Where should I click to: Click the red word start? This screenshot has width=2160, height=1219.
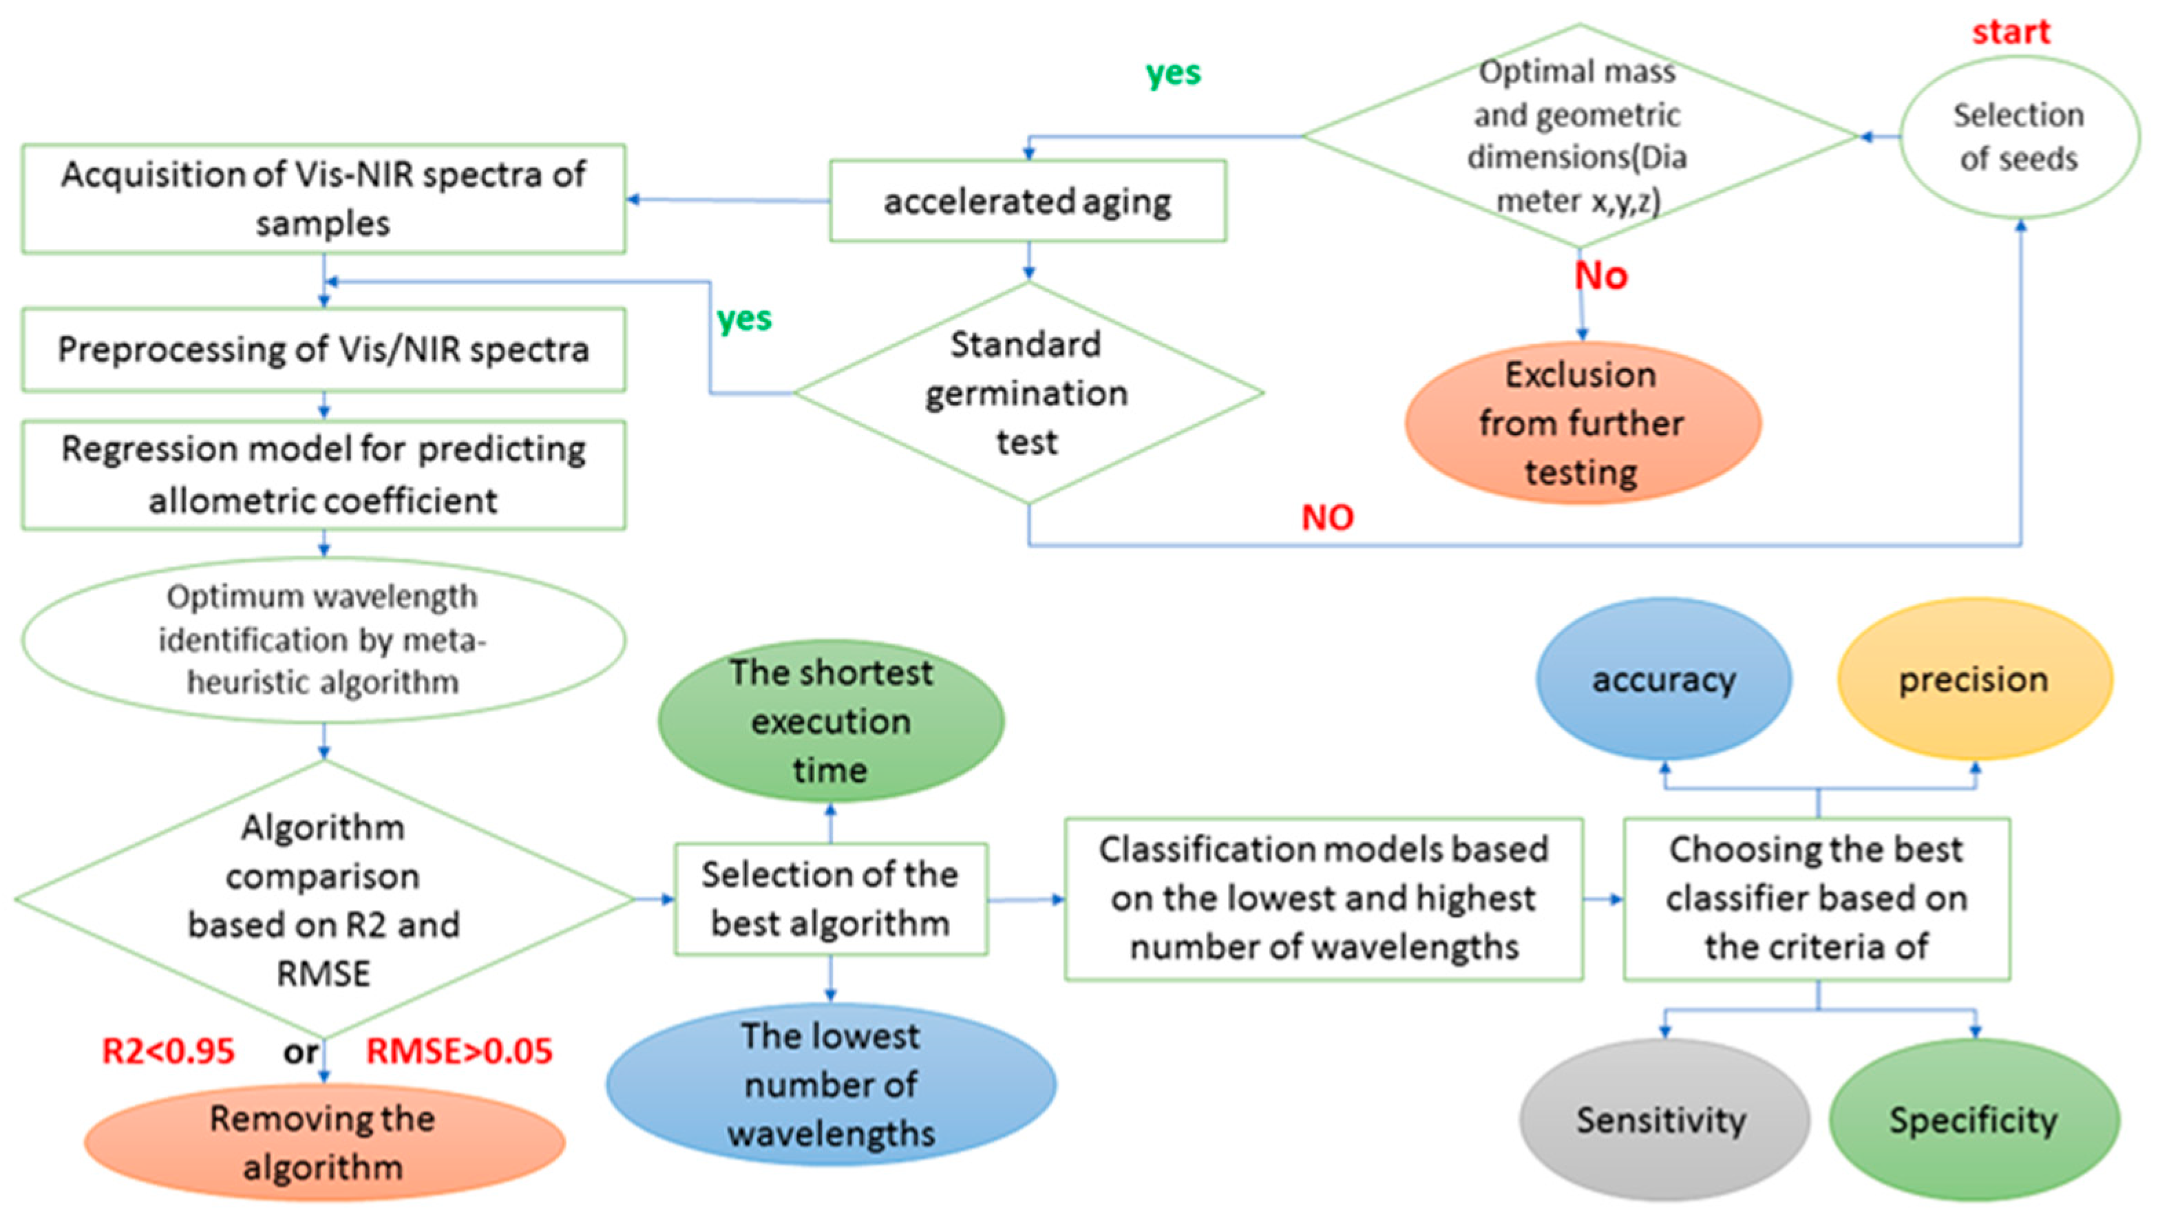(2010, 32)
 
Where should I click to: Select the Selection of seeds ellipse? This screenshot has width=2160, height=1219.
(2018, 137)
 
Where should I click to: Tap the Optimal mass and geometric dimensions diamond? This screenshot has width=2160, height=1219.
(1579, 136)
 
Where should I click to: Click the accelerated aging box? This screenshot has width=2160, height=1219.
(1027, 201)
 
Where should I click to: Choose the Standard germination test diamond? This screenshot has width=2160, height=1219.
(1027, 392)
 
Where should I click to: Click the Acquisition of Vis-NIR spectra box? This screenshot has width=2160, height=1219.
(323, 199)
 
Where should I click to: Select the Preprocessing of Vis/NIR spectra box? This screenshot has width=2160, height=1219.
(323, 350)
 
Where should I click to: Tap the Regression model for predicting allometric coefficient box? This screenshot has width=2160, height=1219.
(323, 474)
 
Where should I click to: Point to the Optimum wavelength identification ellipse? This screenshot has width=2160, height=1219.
(323, 639)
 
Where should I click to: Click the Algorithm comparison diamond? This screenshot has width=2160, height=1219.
(323, 899)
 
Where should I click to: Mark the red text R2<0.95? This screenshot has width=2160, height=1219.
(168, 1051)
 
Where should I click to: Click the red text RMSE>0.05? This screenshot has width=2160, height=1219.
(460, 1051)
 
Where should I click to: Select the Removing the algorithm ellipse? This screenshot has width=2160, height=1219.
(323, 1142)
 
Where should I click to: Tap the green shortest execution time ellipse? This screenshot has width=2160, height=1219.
(830, 721)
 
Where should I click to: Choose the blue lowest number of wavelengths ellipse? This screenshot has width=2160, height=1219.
(830, 1085)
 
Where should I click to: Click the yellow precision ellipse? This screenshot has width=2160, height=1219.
(1974, 679)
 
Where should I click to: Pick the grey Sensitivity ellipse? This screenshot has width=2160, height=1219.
(1663, 1120)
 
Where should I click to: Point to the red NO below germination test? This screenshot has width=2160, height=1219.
(1326, 518)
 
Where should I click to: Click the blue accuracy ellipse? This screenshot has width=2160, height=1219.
(1664, 679)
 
